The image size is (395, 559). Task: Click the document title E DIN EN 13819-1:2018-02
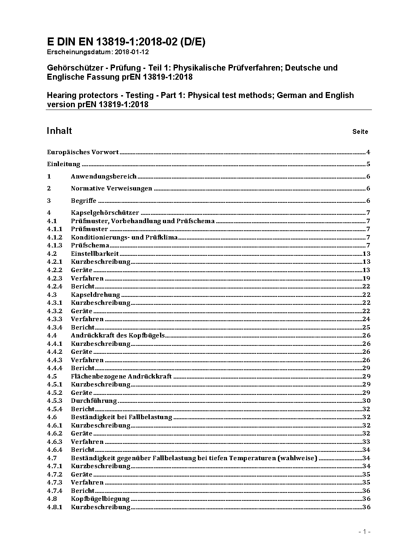coord(126,42)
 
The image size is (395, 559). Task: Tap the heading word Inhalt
coord(59,131)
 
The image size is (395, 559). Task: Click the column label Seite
coord(360,131)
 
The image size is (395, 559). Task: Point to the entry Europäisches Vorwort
coord(83,152)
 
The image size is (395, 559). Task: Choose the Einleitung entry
coord(64,164)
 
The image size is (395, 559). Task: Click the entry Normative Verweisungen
coord(111,188)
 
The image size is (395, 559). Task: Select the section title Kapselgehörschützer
coord(105,213)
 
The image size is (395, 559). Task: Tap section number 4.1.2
coord(55,237)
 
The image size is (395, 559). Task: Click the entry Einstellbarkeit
coord(95,254)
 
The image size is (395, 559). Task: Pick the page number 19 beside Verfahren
coord(366,279)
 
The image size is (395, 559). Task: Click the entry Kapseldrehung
coord(95,295)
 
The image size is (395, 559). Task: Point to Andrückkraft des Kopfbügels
coord(117,335)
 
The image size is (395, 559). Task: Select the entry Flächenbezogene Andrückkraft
coord(121,377)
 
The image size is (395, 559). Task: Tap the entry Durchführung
coord(94,401)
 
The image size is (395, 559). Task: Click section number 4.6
coord(52,417)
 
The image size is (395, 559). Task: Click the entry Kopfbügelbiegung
coord(100,499)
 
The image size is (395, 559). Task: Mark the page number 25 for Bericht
coord(366,328)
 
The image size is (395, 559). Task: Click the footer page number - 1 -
coord(364,532)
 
